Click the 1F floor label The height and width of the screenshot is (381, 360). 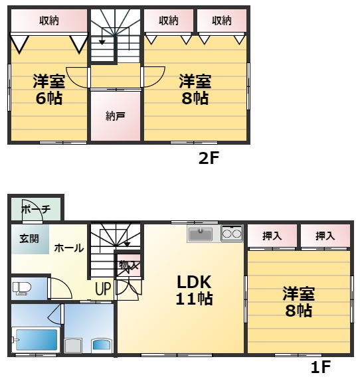coord(321,366)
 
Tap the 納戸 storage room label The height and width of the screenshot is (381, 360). coord(115,117)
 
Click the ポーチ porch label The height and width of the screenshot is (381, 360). coord(36,210)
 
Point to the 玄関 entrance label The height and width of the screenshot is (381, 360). coord(29,239)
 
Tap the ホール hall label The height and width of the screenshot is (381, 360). coord(69,248)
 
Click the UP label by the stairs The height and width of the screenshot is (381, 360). coord(103,289)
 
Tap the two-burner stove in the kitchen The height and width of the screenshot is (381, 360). coord(232,233)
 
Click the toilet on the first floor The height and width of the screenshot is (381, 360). coord(22,288)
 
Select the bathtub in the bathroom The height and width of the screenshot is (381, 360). coord(37,340)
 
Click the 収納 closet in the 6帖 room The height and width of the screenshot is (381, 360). coord(48,21)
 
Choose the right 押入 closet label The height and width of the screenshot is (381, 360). coord(325,236)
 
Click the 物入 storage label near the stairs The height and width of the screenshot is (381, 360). coord(129,266)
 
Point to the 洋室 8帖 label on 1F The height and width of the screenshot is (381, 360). coord(298,301)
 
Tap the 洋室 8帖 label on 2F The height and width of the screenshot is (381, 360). coord(195,90)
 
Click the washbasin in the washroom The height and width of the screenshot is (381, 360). coord(102,344)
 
